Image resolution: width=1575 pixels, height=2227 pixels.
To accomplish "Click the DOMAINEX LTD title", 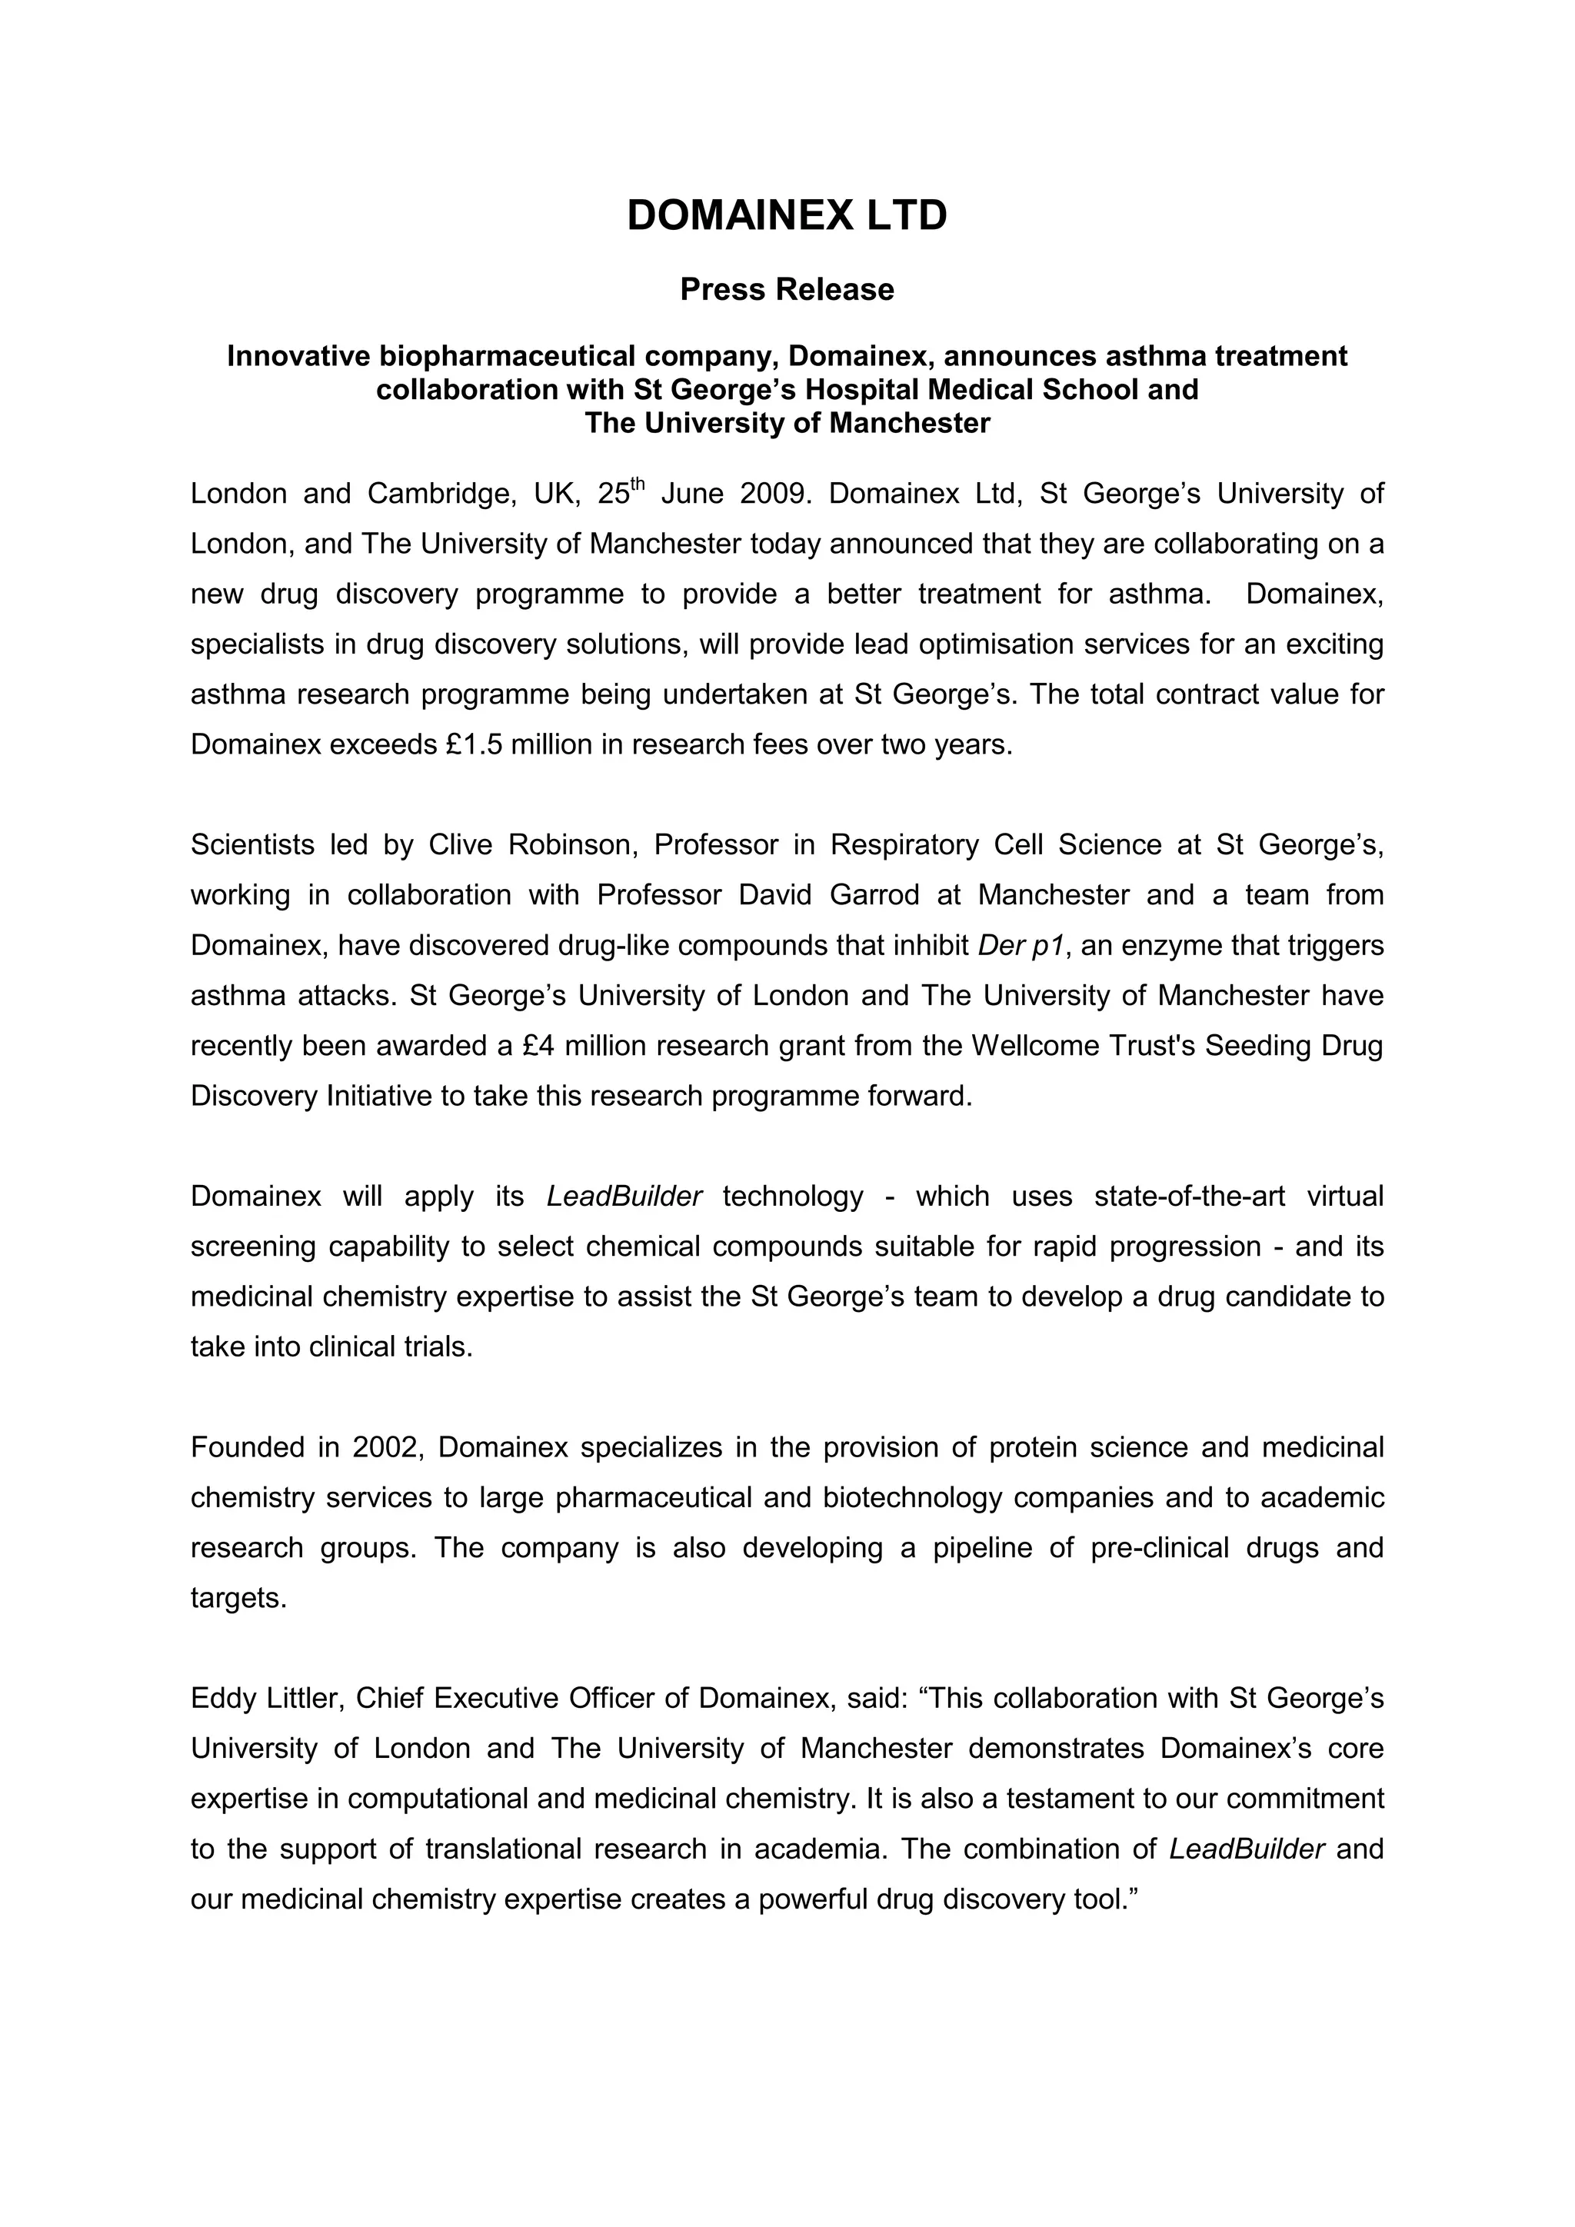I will (x=787, y=215).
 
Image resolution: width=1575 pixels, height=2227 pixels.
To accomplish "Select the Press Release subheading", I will (x=787, y=289).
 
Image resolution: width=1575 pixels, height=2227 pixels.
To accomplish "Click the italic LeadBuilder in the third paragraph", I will (x=624, y=1196).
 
